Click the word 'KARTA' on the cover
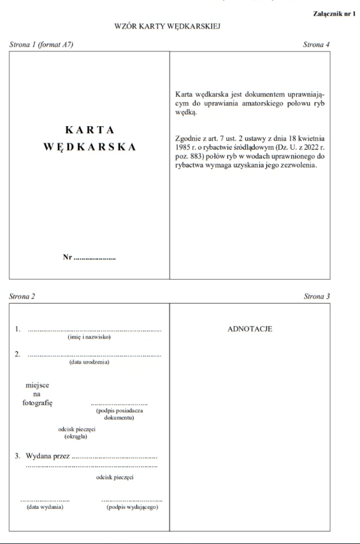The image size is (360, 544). tap(90, 131)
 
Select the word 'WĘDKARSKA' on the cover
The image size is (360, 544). tap(90, 147)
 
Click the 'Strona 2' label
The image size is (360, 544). tap(23, 296)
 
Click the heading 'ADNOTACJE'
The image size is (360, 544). tap(250, 329)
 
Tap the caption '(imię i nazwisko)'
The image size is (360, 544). tap(89, 338)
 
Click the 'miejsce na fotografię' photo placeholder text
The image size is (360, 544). tap(37, 394)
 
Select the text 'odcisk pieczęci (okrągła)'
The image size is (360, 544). tap(76, 433)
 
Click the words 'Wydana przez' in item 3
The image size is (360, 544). tap(47, 457)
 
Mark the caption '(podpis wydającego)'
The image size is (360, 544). tap(132, 507)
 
